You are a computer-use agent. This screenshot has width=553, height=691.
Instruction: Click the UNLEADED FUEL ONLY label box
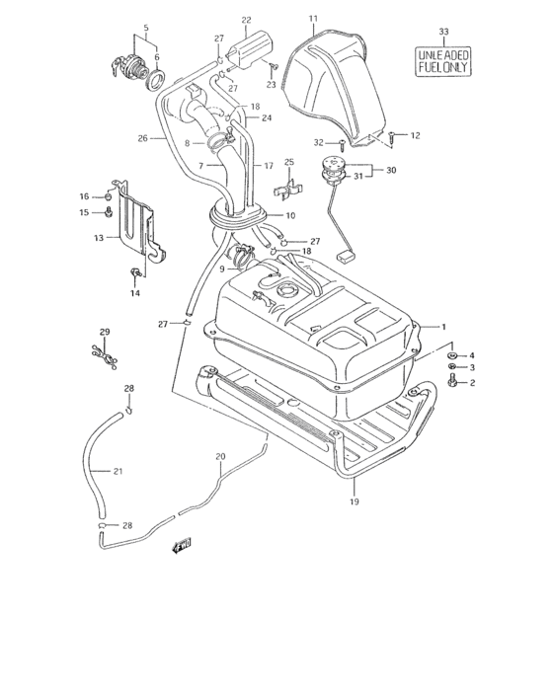pos(443,59)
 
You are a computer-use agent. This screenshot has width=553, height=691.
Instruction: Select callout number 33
pos(443,33)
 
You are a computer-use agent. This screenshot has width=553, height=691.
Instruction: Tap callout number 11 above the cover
pos(313,19)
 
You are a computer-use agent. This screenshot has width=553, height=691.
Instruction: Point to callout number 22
pos(246,19)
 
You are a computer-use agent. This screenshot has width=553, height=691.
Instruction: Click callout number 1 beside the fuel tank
pos(443,326)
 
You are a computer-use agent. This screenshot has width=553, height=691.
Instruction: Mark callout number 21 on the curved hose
pos(118,471)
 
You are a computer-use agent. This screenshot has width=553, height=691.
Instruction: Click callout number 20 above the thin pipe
pos(220,456)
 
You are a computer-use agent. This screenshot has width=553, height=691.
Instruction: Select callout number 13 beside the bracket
pos(99,238)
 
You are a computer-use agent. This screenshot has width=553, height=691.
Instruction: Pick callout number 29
pos(104,331)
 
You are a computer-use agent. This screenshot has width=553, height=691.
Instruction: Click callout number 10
pos(289,215)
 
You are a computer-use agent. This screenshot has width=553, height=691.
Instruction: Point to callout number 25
pos(289,161)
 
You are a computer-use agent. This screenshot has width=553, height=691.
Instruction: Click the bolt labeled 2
pos(452,382)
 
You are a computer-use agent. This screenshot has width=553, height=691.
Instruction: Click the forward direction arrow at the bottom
pos(181,543)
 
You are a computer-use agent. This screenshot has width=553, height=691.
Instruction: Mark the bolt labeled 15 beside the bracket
pos(109,212)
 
